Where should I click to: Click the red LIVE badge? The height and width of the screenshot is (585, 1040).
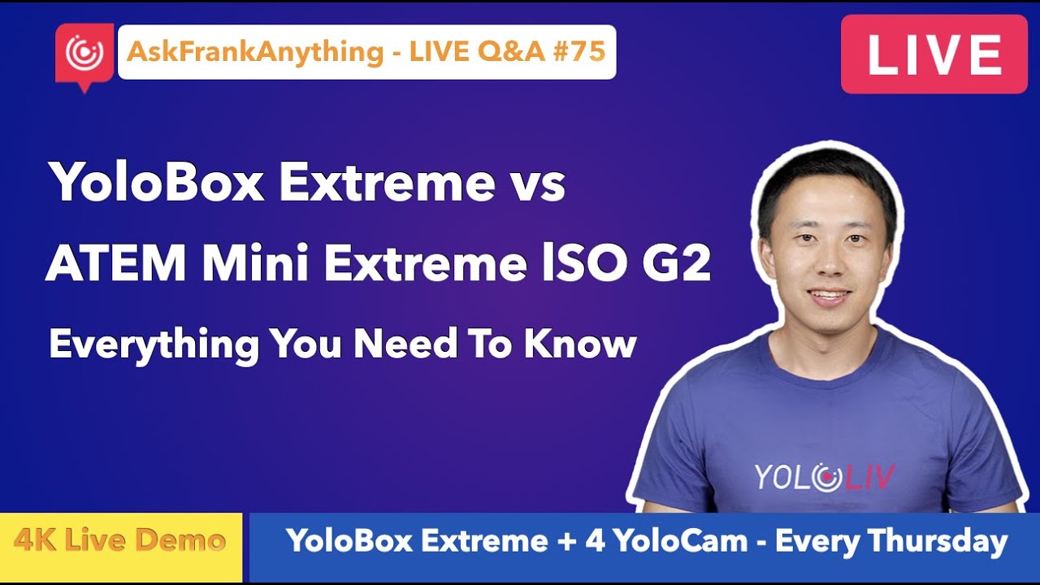[x=934, y=54]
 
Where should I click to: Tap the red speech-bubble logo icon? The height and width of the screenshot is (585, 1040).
[x=84, y=54]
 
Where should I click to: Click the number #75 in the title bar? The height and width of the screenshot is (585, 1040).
[x=582, y=52]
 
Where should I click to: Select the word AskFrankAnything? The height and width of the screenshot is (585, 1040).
[x=253, y=52]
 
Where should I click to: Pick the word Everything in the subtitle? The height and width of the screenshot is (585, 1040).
[x=154, y=344]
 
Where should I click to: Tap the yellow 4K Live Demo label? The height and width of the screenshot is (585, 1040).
[x=119, y=540]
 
